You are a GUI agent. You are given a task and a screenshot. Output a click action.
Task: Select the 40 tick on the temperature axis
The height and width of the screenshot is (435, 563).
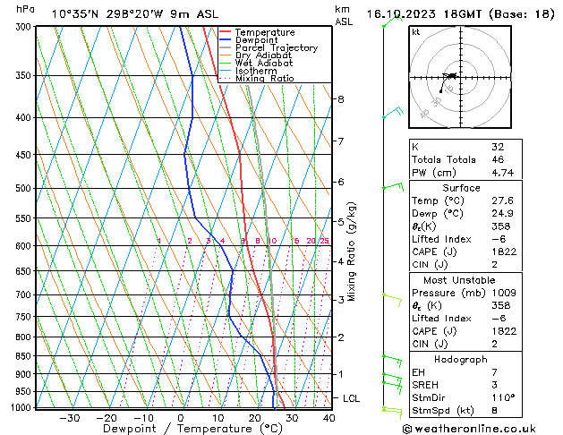pos(328,418)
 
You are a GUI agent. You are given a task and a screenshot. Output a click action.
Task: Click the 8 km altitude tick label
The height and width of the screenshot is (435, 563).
pos(340,98)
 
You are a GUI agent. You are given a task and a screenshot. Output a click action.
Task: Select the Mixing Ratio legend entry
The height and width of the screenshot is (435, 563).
pos(264,79)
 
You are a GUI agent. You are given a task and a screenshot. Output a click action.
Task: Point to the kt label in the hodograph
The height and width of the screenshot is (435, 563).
pos(416,32)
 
